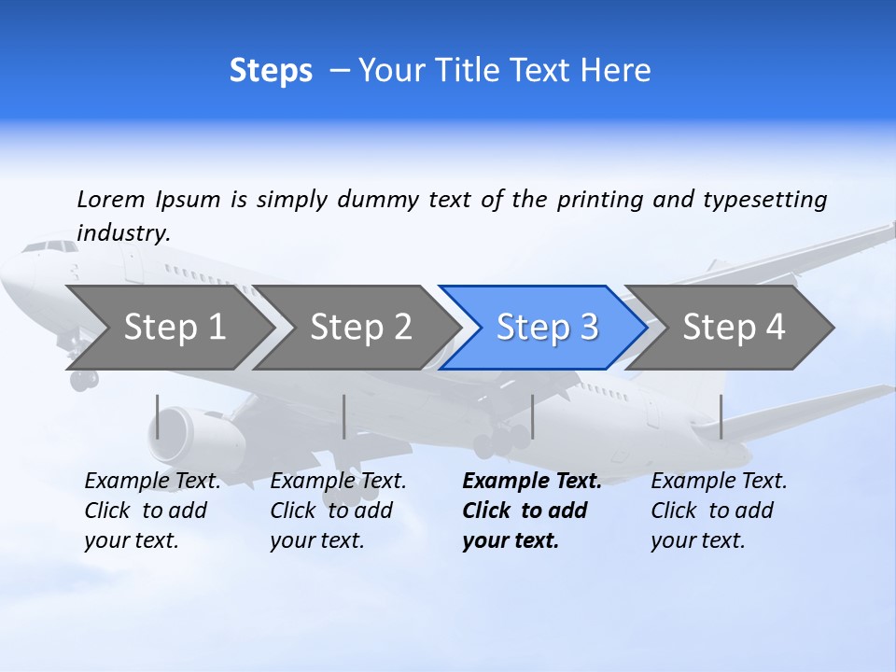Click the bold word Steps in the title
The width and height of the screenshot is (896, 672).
(x=271, y=71)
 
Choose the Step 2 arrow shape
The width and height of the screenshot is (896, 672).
(x=360, y=327)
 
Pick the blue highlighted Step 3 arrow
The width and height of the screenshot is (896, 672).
(x=547, y=327)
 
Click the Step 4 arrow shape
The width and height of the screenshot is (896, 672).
(x=734, y=327)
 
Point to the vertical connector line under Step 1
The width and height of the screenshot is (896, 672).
(x=158, y=416)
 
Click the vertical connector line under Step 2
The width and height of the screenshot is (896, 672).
(x=344, y=416)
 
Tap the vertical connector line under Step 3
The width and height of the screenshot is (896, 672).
(x=532, y=416)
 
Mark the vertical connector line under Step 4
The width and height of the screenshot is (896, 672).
(x=721, y=416)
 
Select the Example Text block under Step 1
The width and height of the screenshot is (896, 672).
(x=151, y=511)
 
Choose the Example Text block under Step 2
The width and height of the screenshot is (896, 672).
(x=337, y=511)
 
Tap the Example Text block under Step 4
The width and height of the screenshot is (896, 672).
(x=718, y=511)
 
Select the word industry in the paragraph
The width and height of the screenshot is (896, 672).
(x=122, y=233)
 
